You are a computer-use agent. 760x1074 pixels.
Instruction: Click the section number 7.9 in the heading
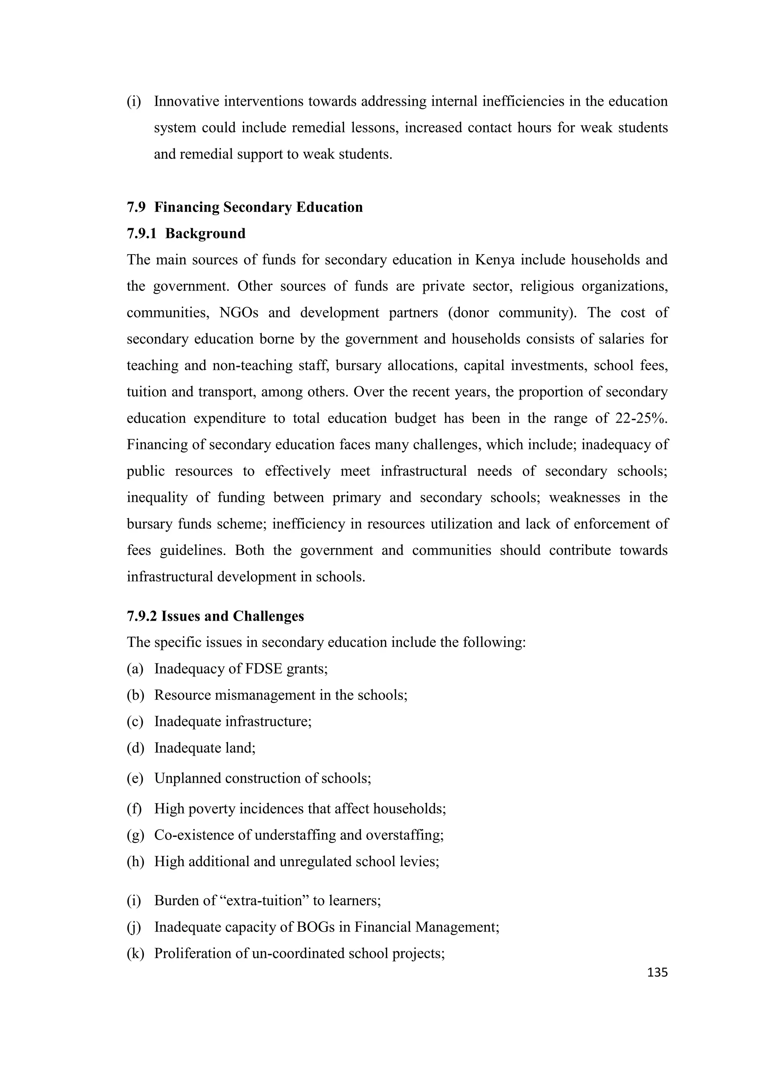[136, 207]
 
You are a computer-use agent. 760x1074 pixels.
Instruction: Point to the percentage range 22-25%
[641, 418]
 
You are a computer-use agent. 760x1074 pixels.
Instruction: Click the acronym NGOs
[239, 312]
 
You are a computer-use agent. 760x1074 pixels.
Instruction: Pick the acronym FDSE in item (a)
[263, 669]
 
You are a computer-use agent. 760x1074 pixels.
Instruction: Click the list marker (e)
[135, 778]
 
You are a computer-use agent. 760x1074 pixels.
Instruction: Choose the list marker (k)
[135, 953]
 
